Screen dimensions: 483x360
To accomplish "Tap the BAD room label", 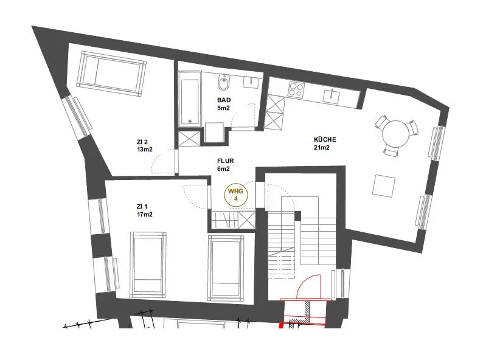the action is tap(224, 100).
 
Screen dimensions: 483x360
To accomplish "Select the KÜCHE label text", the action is tap(325, 139).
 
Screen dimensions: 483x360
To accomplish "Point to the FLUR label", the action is tap(226, 161).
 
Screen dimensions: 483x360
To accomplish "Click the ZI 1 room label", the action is tap(142, 207).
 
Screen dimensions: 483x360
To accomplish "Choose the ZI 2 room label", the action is tap(142, 142).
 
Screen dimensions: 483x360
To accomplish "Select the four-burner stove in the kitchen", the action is tap(296, 89).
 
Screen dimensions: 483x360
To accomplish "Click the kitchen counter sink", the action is tap(331, 95).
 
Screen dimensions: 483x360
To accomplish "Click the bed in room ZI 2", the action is tap(111, 74).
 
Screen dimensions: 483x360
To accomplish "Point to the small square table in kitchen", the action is tap(383, 185).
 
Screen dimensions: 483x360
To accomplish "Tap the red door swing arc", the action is tap(305, 280).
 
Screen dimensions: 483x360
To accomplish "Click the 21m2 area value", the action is tap(322, 148).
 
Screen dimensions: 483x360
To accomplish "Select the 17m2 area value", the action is tap(144, 215).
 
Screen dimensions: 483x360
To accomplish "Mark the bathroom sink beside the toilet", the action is tap(252, 82).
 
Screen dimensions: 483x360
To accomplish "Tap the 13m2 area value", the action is tap(144, 150).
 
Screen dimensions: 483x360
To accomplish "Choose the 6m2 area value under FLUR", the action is tap(223, 169).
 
